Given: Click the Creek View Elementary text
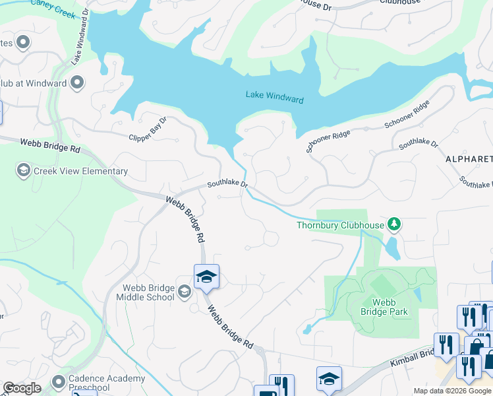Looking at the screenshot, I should pos(81,172).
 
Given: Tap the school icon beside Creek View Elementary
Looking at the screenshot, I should pos(23,172).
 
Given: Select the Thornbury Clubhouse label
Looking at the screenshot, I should pos(339,225).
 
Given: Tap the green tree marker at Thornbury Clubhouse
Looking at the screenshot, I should pos(394,225).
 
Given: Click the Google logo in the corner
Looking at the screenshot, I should pos(22,388).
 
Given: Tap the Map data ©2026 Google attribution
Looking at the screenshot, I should pos(451,391).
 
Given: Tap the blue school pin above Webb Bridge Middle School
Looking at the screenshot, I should pos(206,277).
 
